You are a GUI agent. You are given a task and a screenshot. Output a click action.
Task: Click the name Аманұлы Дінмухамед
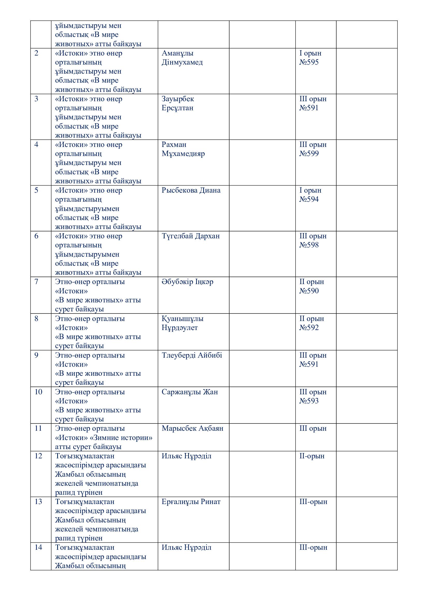pyautogui.click(x=182, y=58)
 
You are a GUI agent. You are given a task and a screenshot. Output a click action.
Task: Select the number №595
pyautogui.click(x=309, y=62)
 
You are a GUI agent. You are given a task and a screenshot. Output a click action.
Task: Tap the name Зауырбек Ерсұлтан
pyautogui.click(x=178, y=103)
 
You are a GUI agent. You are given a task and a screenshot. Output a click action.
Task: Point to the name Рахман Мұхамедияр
pyautogui.click(x=183, y=149)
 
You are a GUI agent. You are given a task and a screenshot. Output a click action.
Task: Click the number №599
pyautogui.click(x=309, y=154)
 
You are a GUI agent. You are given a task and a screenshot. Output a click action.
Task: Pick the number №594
pyautogui.click(x=309, y=199)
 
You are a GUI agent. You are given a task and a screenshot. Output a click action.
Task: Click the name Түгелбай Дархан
pyautogui.click(x=190, y=236)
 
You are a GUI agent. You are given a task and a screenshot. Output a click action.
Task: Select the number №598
pyautogui.click(x=309, y=245)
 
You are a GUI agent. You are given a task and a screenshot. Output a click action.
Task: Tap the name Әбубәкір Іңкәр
pyautogui.click(x=187, y=282)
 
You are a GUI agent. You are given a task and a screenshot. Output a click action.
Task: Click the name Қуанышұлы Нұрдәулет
pyautogui.click(x=182, y=323)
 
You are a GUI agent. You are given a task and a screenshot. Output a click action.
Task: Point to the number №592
pyautogui.click(x=309, y=327)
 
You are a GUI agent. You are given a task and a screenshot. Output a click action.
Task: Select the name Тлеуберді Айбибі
pyautogui.click(x=192, y=355)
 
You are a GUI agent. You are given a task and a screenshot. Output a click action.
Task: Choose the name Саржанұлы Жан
pyautogui.click(x=190, y=392)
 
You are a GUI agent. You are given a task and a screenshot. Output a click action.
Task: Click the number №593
pyautogui.click(x=309, y=401)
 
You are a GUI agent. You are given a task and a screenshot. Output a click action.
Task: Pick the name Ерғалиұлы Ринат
pyautogui.click(x=191, y=502)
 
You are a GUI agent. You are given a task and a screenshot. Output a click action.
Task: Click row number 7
pyautogui.click(x=36, y=282)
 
